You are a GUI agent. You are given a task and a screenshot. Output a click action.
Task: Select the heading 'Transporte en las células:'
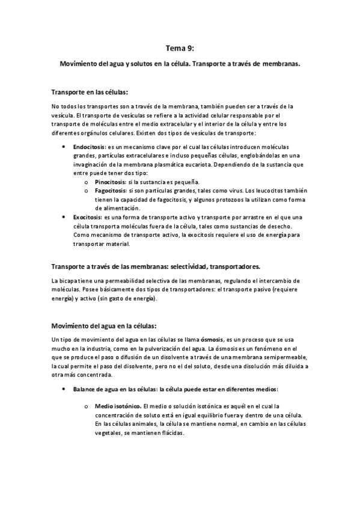[x=90, y=92]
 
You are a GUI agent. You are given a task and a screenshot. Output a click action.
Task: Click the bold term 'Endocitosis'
[x=88, y=146]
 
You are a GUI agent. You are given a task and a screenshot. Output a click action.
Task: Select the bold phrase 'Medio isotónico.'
[x=118, y=406]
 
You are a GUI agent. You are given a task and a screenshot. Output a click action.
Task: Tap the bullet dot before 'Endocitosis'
[x=64, y=146]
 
